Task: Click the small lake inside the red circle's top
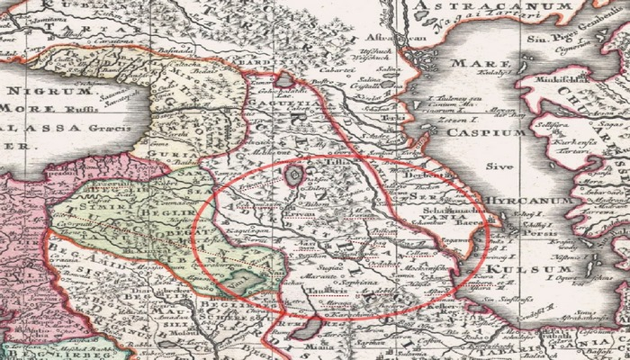tap(293, 175)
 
